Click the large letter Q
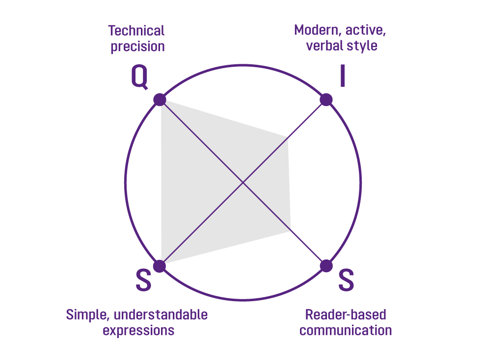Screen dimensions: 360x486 [140, 77]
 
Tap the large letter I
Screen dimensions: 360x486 [342, 77]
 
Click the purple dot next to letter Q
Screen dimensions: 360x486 [160, 100]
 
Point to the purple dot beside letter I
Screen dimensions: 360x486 [326, 100]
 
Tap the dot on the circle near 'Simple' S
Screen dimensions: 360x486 [160, 266]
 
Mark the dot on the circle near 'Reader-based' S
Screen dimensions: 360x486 [326, 266]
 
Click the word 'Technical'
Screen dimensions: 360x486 [136, 31]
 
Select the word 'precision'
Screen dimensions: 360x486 [137, 47]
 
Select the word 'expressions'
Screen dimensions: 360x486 [138, 330]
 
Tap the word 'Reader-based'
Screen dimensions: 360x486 [346, 314]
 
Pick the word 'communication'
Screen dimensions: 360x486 [346, 330]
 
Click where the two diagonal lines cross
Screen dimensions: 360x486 [243, 183]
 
